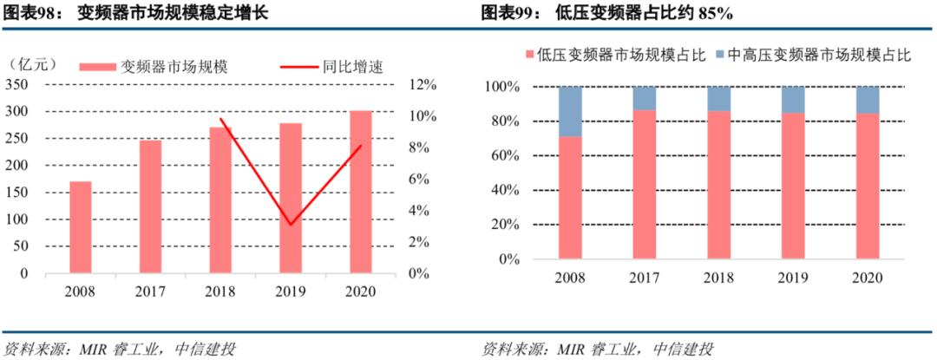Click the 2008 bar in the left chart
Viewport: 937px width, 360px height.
click(81, 226)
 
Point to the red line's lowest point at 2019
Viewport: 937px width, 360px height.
click(290, 225)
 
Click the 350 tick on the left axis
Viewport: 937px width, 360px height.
click(17, 84)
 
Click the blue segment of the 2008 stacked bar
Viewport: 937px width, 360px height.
click(570, 111)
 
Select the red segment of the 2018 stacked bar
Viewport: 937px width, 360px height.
click(719, 184)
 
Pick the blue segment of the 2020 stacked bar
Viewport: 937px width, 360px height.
click(868, 100)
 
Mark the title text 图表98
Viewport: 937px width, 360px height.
click(27, 13)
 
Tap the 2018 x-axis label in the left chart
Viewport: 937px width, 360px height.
click(220, 291)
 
